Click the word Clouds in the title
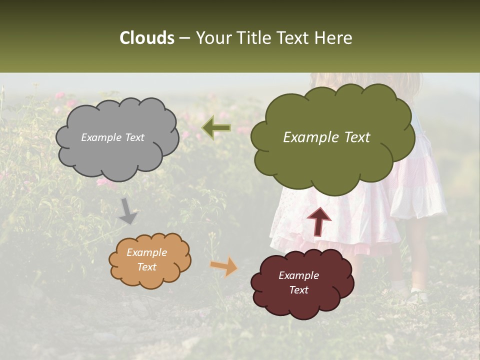tap(147, 38)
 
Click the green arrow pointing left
tap(216, 128)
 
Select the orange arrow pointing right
tap(224, 266)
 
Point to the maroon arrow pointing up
tap(319, 221)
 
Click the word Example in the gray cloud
tap(101, 137)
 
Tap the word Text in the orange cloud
tap(147, 267)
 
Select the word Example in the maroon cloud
tap(298, 275)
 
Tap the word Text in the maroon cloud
tap(298, 290)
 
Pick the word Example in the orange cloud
tap(147, 252)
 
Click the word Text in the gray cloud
tap(134, 137)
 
